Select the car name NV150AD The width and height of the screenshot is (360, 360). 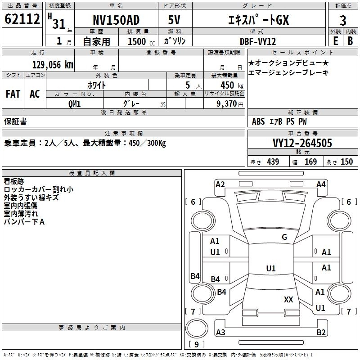pos(116,20)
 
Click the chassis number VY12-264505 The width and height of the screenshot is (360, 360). pos(302,143)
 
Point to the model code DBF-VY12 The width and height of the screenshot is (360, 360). pos(257,41)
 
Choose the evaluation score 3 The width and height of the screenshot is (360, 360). pos(343,20)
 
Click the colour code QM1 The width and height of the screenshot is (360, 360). pos(74,104)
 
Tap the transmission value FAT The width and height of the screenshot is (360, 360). pos(13,94)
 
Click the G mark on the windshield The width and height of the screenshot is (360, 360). pos(284,237)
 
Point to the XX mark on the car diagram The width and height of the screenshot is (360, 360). pos(288,299)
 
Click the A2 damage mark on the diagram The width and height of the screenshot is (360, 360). pos(220,184)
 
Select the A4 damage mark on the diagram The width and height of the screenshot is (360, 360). pos(321,184)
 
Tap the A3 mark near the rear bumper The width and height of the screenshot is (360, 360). pos(220,332)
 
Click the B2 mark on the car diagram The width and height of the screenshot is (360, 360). pos(321,332)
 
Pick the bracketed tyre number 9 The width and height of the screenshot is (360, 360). pos(196,345)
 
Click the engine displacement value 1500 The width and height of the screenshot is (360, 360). pos(137,41)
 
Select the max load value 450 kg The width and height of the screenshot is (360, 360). pos(228,85)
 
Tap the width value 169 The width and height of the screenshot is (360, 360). pos(310,162)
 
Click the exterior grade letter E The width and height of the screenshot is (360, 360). pos(335,41)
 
